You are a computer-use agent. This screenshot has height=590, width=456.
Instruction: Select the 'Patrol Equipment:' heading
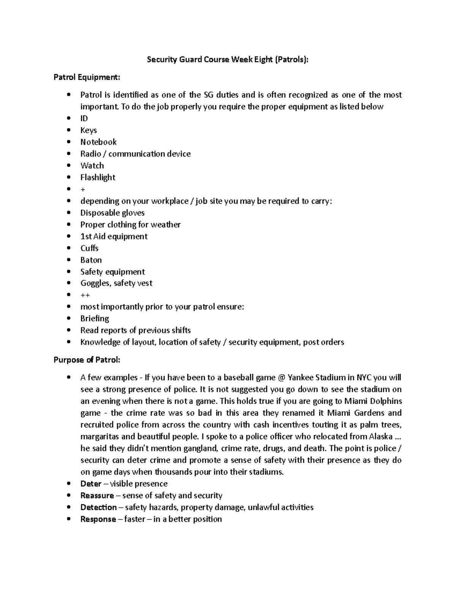coord(87,78)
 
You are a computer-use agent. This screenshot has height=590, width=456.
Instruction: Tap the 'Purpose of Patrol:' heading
coord(87,360)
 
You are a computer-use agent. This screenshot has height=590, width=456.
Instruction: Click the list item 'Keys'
coord(89,130)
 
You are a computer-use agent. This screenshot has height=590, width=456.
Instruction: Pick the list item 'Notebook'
coord(98,142)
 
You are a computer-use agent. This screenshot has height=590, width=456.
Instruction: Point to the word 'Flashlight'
coord(98,177)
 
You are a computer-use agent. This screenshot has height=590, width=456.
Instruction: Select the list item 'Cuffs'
coord(89,248)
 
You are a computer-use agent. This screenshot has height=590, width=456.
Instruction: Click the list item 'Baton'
coord(91,260)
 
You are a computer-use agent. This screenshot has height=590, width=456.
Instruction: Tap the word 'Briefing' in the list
coord(95,318)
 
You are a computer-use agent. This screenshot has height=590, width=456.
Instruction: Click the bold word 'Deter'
coord(91,484)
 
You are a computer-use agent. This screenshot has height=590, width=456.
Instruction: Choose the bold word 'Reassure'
coord(97,495)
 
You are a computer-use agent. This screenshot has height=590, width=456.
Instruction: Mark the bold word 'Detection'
coord(98,507)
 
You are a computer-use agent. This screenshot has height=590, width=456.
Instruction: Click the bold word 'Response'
coord(98,519)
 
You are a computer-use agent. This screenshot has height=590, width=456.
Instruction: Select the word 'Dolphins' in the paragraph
coord(386,401)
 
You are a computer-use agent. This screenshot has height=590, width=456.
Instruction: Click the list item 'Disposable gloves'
coord(112,213)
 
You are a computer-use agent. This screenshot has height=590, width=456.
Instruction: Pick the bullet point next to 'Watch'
coord(68,166)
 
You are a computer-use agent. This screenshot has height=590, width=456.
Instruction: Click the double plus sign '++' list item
coord(85,295)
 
